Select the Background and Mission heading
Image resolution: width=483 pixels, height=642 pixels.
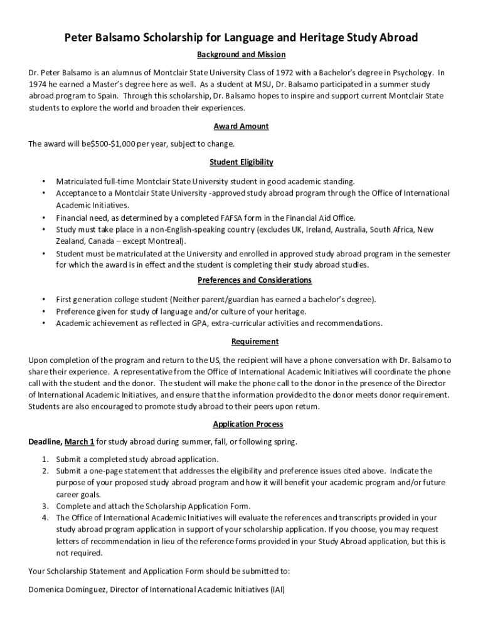pos(242,55)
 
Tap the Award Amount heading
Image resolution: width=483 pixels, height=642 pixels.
pos(242,127)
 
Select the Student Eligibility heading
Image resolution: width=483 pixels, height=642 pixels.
pos(242,162)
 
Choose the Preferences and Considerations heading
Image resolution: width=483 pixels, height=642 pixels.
pos(255,280)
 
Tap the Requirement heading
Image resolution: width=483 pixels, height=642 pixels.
pos(255,342)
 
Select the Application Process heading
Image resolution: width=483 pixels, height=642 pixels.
pos(248,424)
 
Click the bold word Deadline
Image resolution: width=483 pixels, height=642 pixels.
pos(44,442)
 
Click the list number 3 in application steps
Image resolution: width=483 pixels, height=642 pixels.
pos(45,506)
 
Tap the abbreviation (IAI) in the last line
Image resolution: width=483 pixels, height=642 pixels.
pos(277,590)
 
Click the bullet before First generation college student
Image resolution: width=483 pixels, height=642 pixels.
pos(43,300)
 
